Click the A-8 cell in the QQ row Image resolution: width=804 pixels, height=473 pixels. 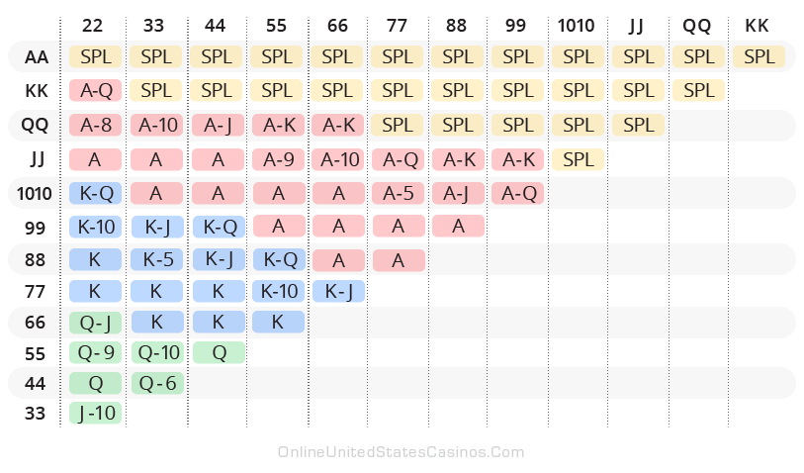(96, 125)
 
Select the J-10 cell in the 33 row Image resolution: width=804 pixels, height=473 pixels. (96, 414)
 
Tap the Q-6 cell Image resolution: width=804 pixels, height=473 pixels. (156, 383)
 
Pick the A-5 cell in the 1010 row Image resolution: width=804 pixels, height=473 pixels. (398, 193)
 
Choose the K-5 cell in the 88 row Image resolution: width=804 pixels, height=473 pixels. (156, 259)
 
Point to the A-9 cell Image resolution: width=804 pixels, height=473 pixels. (277, 158)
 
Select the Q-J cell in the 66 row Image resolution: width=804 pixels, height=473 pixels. (96, 322)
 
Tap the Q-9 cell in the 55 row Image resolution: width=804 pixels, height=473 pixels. (96, 351)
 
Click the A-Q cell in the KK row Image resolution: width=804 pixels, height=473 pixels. (96, 91)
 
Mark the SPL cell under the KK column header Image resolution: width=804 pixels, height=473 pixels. (759, 57)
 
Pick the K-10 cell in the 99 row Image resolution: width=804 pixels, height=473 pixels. (96, 226)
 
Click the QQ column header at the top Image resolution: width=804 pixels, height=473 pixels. (698, 25)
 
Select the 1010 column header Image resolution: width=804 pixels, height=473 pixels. (578, 25)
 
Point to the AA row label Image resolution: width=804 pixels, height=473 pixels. (36, 57)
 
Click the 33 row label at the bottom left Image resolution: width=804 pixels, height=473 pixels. (36, 414)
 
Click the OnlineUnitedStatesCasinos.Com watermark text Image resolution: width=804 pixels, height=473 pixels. (401, 452)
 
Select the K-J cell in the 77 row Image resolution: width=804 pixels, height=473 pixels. (337, 291)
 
